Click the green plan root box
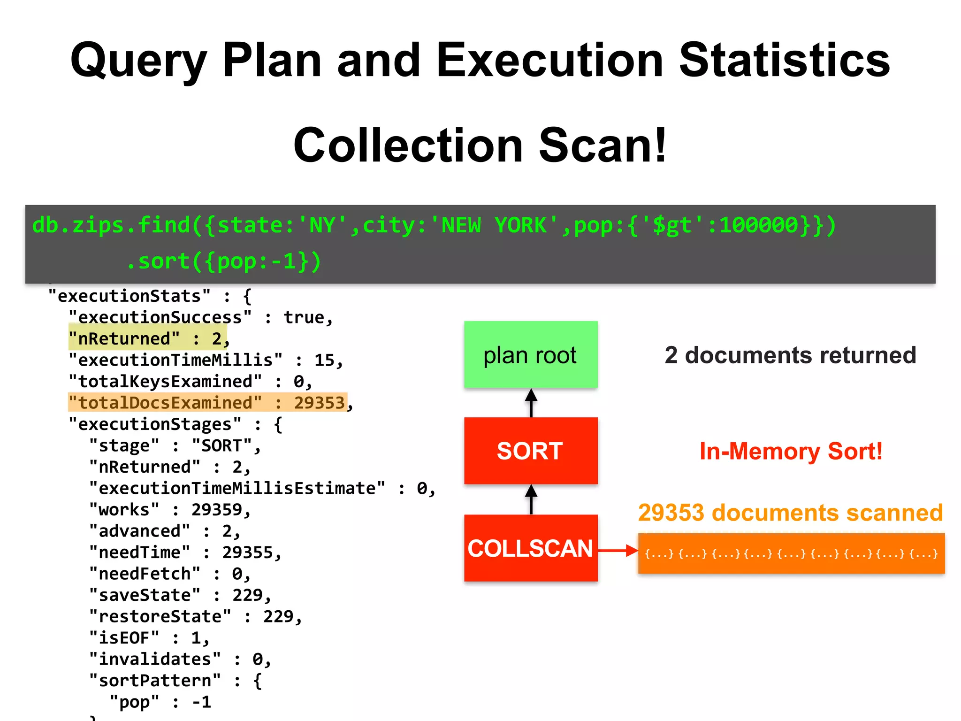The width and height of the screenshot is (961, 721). pos(531,354)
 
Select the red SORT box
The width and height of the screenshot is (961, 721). pos(531,451)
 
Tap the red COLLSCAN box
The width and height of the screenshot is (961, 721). pos(531,548)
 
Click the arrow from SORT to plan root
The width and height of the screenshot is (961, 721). pos(531,403)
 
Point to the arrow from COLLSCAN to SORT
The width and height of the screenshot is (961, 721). pos(531,499)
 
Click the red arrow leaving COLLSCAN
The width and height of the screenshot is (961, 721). pos(618,550)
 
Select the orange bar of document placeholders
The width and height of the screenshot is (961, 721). pos(791,553)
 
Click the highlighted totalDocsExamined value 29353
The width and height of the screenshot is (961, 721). pos(319,403)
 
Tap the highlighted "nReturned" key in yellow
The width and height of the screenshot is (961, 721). pos(124,338)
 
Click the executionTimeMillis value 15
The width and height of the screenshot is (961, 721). pos(324,360)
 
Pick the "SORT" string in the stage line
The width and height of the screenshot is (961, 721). pos(222,445)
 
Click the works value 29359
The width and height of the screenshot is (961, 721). pos(216,509)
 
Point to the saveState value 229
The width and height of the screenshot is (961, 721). pos(247,595)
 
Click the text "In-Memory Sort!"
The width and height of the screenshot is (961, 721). pos(791,451)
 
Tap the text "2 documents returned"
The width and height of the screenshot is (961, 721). pos(790,355)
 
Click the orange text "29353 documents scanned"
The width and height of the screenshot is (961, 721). pos(790,512)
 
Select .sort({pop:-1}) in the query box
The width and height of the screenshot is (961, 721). pos(224,261)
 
